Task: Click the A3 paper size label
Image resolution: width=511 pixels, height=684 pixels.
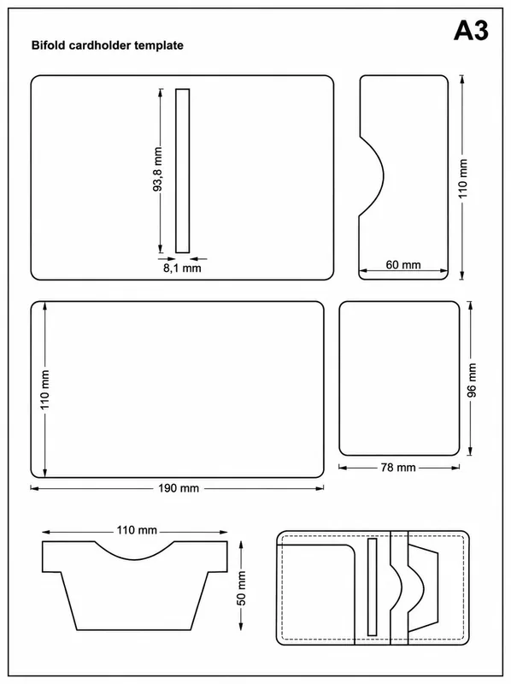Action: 471,31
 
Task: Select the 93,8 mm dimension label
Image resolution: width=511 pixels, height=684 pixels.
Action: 157,169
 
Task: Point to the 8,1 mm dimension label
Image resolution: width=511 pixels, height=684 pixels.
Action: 182,268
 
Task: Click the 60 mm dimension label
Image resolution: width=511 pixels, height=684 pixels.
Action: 403,265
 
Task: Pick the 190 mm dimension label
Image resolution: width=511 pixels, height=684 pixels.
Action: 179,488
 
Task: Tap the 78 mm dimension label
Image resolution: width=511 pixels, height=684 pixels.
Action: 398,468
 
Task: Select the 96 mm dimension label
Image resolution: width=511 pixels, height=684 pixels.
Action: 472,380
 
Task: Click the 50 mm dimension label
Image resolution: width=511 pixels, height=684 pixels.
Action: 241,588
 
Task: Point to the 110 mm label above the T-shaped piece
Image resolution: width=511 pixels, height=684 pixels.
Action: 137,530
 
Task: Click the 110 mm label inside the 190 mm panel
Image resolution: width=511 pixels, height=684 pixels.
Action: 45,390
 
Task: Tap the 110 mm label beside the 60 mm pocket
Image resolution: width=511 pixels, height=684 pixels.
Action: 462,179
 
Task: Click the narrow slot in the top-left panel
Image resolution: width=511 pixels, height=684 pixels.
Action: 183,170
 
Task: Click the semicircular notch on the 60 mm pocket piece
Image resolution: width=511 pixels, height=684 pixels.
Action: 383,176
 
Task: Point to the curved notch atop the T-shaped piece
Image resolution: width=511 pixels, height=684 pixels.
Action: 135,557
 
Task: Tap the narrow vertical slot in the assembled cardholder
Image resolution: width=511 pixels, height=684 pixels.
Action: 372,587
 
